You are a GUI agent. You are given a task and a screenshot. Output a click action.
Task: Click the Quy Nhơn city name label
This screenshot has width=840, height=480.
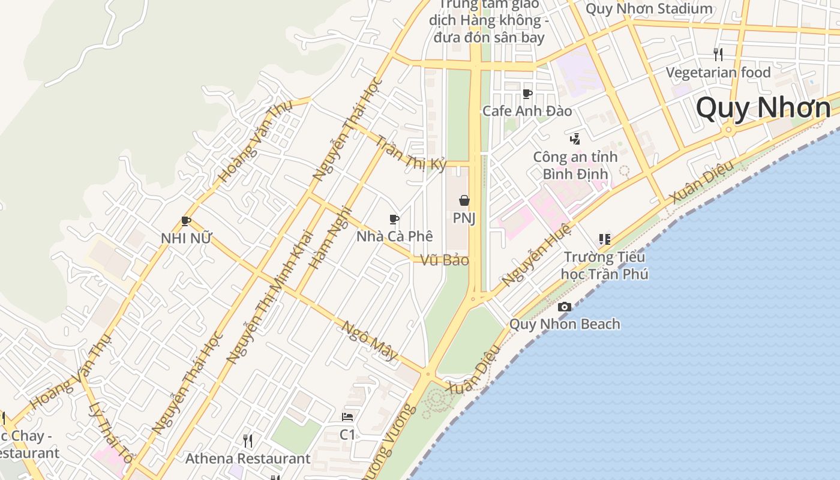click(x=763, y=108)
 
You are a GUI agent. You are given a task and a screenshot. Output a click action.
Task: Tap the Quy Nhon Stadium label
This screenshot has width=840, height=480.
click(x=649, y=9)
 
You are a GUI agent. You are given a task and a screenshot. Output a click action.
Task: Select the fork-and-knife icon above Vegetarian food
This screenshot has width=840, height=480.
click(x=718, y=55)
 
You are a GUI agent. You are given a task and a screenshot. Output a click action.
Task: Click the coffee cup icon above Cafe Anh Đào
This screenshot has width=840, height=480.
click(x=527, y=94)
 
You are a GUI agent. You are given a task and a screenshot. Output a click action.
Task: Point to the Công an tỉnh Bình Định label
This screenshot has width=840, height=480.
click(x=575, y=166)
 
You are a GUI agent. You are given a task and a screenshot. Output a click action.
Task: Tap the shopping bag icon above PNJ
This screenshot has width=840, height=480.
click(x=464, y=200)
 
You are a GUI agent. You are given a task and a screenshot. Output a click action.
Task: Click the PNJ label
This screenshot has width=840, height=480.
click(x=464, y=218)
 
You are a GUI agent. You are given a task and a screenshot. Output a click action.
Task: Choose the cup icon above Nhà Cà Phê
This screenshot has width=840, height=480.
click(x=394, y=219)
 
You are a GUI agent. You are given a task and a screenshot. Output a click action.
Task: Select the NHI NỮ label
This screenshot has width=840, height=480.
click(x=186, y=238)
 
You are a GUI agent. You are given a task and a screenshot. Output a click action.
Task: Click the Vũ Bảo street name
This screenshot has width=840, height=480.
click(x=444, y=260)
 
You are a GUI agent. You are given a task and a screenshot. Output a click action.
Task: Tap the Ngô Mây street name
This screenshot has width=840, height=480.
click(x=370, y=340)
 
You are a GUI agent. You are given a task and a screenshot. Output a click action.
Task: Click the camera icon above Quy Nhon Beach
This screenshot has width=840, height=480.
click(x=564, y=307)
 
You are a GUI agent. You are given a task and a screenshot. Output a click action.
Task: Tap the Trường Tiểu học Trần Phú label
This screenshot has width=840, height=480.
click(x=604, y=266)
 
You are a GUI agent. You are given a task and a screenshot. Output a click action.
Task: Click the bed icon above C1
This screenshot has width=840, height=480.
click(x=347, y=416)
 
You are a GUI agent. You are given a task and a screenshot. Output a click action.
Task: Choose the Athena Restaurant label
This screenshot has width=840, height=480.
click(x=248, y=459)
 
